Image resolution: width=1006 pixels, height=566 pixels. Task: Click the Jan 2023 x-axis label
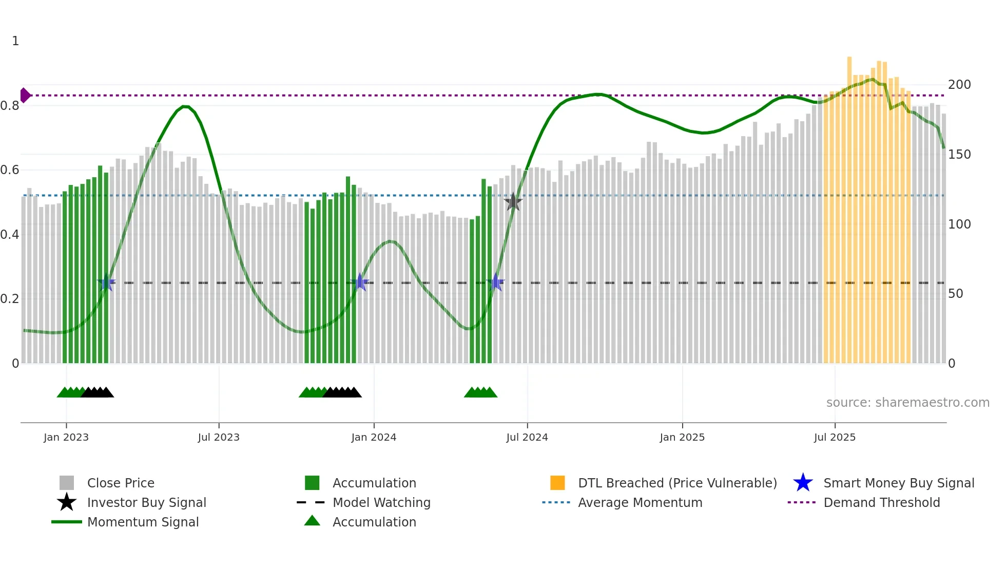click(66, 437)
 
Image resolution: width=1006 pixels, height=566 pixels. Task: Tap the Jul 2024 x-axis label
click(527, 437)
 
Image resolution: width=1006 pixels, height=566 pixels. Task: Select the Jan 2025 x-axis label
click(682, 437)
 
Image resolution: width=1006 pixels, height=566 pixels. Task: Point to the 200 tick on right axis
click(959, 85)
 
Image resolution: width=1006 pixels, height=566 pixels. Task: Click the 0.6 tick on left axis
click(10, 170)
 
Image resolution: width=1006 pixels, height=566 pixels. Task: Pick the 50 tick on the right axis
click(956, 294)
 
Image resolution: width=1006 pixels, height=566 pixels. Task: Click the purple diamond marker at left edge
click(25, 95)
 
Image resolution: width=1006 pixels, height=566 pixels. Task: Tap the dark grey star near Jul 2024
click(513, 202)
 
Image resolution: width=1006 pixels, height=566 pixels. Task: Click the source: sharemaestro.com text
click(907, 403)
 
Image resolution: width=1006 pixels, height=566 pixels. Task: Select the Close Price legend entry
click(121, 483)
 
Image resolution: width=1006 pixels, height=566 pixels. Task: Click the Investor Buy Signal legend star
click(67, 502)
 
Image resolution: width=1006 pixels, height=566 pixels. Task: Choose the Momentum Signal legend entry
click(143, 522)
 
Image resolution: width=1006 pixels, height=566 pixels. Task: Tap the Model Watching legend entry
click(381, 502)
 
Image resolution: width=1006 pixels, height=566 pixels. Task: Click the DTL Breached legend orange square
click(557, 483)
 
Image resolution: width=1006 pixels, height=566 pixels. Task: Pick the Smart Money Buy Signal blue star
click(803, 483)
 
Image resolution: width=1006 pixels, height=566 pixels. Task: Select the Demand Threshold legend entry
click(881, 502)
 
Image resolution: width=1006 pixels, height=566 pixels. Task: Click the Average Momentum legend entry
click(640, 502)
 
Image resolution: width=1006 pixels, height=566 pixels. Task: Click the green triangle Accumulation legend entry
click(312, 521)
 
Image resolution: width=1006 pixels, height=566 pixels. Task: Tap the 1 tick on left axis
click(15, 41)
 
